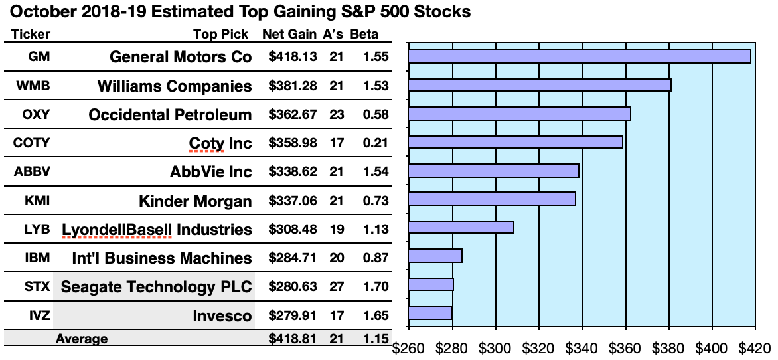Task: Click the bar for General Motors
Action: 579,56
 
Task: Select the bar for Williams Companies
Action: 539,85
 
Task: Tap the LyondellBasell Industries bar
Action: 461,228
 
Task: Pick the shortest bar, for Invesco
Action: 429,313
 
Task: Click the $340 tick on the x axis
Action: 582,347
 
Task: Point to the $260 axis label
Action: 409,347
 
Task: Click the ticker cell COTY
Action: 32,143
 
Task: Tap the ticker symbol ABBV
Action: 32,171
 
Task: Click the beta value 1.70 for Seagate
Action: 376,287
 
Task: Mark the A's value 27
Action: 336,287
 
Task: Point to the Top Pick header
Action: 220,34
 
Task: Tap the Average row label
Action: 82,339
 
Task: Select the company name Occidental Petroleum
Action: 170,114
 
